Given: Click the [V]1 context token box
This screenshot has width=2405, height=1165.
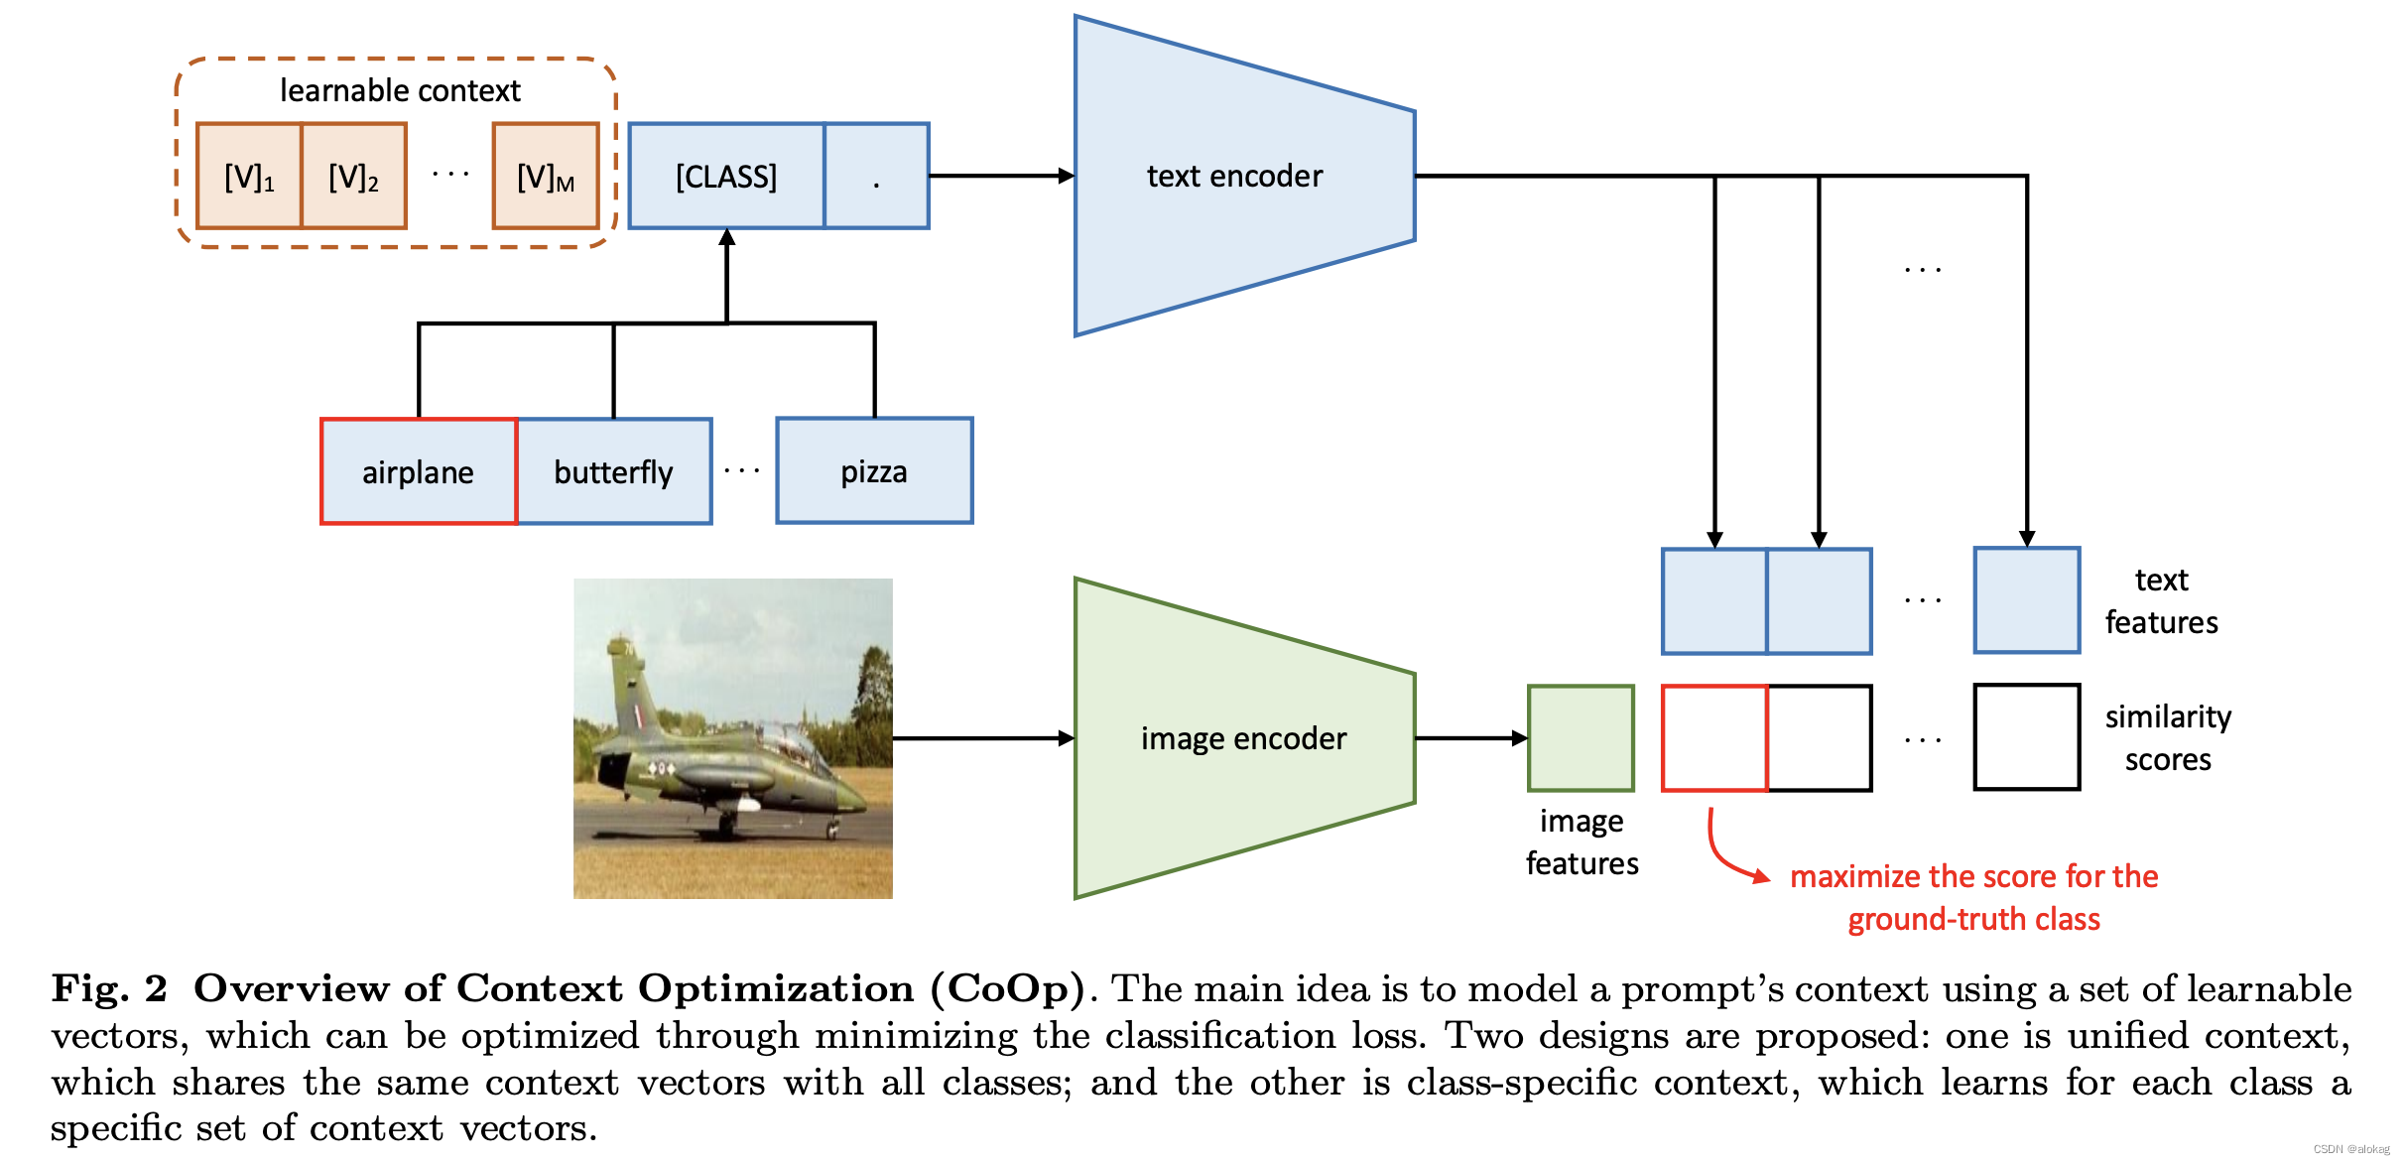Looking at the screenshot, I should pos(249,177).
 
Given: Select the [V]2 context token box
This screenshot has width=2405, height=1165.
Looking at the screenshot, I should pos(354,177).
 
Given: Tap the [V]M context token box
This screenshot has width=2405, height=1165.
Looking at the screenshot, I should pos(546,177).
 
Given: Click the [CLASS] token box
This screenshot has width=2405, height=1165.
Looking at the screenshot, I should pos(726,177).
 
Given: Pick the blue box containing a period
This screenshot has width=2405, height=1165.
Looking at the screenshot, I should pos(877,177).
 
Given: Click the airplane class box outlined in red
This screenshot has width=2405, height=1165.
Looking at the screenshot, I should pos(419,471).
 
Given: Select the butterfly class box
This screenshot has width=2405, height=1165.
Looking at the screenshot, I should pos(614,471).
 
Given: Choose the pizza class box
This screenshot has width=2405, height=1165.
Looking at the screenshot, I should pos(874,471).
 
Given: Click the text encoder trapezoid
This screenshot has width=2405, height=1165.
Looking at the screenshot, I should pos(1235,177).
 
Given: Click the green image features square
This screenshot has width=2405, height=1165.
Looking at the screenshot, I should pos(1581,738).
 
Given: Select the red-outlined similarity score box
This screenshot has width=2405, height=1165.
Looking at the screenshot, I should pos(1714,738).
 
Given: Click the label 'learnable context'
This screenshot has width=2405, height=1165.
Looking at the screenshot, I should pos(400,91).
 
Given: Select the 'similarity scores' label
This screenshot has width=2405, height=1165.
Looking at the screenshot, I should pos(2168,738).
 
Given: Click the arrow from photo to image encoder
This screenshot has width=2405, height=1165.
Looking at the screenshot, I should pos(982,738).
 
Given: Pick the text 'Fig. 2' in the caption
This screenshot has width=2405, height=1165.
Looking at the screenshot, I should pos(109,989).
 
